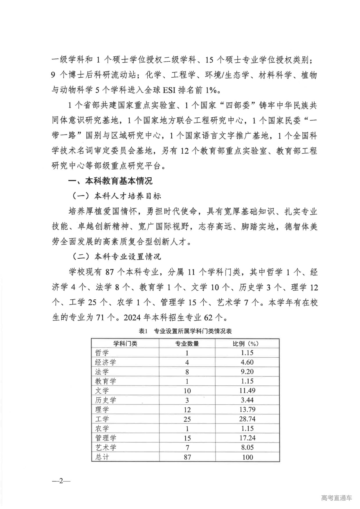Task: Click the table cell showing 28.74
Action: point(247,419)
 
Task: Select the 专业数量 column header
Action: point(187,344)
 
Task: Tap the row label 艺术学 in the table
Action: point(105,447)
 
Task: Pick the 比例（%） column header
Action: point(247,344)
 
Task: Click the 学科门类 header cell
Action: point(125,344)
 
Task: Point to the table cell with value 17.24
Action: point(247,438)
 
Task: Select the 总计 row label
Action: point(102,457)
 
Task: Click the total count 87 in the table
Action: point(187,457)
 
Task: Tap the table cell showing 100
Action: point(247,457)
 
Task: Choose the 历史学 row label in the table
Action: point(105,400)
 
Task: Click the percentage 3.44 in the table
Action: point(247,400)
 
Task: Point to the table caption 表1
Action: point(143,331)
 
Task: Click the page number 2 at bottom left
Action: point(61,481)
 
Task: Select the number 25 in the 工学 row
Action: point(187,419)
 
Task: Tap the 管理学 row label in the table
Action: point(105,438)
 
